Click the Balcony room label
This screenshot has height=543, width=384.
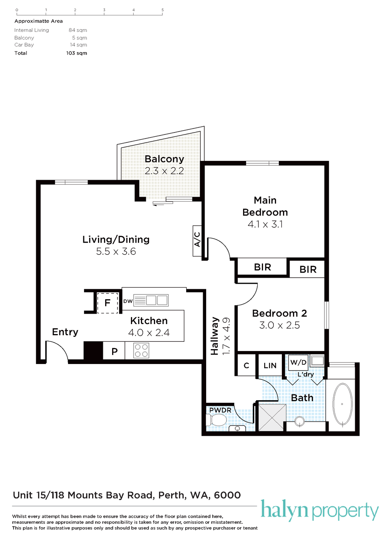(x=164, y=159)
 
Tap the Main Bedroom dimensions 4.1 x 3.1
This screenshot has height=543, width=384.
(x=265, y=224)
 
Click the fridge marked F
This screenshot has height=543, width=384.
(x=108, y=303)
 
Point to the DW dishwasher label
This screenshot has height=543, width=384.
(x=128, y=301)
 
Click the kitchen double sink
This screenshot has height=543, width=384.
(x=157, y=300)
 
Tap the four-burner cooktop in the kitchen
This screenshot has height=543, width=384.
(x=141, y=351)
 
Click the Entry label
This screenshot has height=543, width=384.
(x=65, y=332)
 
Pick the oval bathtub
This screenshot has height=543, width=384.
(x=343, y=404)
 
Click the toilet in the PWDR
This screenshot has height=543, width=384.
(x=217, y=420)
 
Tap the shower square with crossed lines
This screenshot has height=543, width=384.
(x=272, y=417)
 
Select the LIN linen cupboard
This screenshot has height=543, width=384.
(x=270, y=366)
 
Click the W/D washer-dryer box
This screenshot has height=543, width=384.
(x=298, y=362)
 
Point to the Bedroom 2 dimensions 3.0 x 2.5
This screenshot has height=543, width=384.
(x=279, y=325)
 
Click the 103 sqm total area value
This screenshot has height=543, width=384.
(x=76, y=53)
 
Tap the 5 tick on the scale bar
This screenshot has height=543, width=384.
(x=162, y=14)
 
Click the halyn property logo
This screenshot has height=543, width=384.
(x=319, y=511)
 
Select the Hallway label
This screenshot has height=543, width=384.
(x=215, y=336)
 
